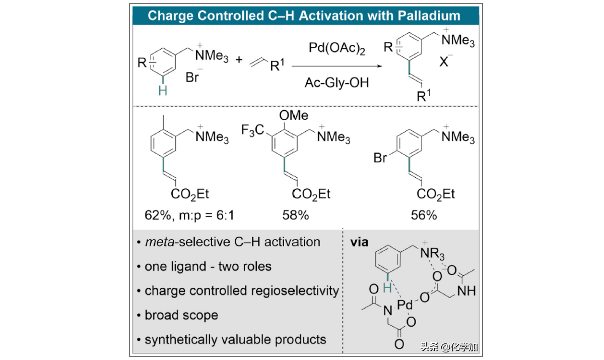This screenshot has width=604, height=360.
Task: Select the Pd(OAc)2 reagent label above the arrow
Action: (x=337, y=49)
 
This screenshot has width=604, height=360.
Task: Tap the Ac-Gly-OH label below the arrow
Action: (x=337, y=83)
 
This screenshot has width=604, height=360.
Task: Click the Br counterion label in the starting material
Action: (x=193, y=79)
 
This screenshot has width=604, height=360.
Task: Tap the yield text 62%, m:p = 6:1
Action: (x=189, y=216)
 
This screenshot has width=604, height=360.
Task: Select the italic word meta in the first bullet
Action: (x=158, y=242)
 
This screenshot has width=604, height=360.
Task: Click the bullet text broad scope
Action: (x=181, y=315)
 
